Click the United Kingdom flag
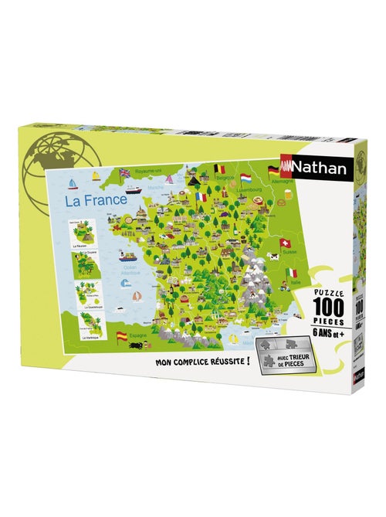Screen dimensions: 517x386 pos(125,173)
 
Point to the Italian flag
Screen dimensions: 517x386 pos(291,273)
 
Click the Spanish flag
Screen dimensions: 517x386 pos(121,336)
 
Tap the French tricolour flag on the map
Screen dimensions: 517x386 pos(201,198)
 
